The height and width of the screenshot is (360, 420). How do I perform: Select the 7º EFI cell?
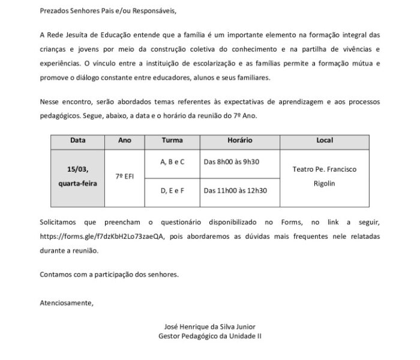pos(125,177)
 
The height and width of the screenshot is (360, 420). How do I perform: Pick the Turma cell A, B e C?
pos(172,162)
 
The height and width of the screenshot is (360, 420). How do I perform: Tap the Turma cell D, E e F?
pos(172,191)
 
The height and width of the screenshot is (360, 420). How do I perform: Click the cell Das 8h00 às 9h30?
pos(231,162)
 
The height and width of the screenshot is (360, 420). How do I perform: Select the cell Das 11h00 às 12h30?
pos(235,191)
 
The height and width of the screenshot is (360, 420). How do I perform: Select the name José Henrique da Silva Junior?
pos(209,327)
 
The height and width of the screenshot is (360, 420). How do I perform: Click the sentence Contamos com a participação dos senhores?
pos(109,274)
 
